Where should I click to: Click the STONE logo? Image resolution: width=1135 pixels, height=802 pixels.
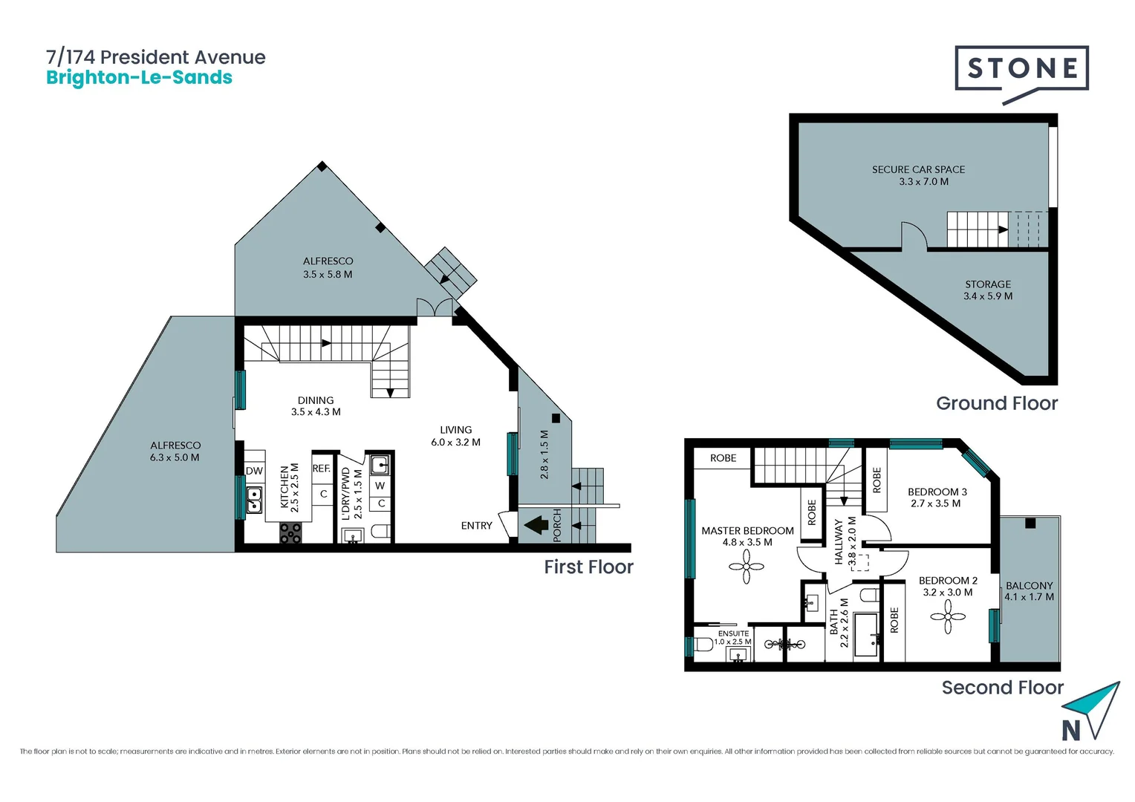[x=1021, y=69]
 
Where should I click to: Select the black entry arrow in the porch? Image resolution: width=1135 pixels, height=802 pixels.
[x=536, y=526]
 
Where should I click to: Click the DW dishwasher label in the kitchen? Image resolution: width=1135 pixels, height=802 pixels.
[x=254, y=471]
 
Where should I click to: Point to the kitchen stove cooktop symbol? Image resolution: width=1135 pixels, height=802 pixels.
[x=290, y=532]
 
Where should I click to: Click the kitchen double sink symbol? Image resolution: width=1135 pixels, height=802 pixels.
[x=254, y=500]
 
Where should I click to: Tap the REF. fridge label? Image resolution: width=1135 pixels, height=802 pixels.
[x=322, y=469]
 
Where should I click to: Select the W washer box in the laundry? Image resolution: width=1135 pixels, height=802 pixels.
[x=380, y=486]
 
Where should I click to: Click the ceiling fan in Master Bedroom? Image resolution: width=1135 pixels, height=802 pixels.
[x=746, y=567]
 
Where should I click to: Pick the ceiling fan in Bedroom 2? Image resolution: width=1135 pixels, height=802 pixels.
[x=948, y=616]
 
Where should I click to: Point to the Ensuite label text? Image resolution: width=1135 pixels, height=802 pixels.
[x=733, y=633]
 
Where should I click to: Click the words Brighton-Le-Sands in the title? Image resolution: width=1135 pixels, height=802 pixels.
[x=139, y=78]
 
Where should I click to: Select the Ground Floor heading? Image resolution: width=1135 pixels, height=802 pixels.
[x=996, y=403]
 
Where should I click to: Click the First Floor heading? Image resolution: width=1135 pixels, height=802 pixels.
[x=588, y=567]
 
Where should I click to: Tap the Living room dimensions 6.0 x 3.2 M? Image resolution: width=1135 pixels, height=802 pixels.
[x=455, y=443]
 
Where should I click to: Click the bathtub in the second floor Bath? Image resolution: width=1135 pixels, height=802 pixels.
[x=865, y=635]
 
